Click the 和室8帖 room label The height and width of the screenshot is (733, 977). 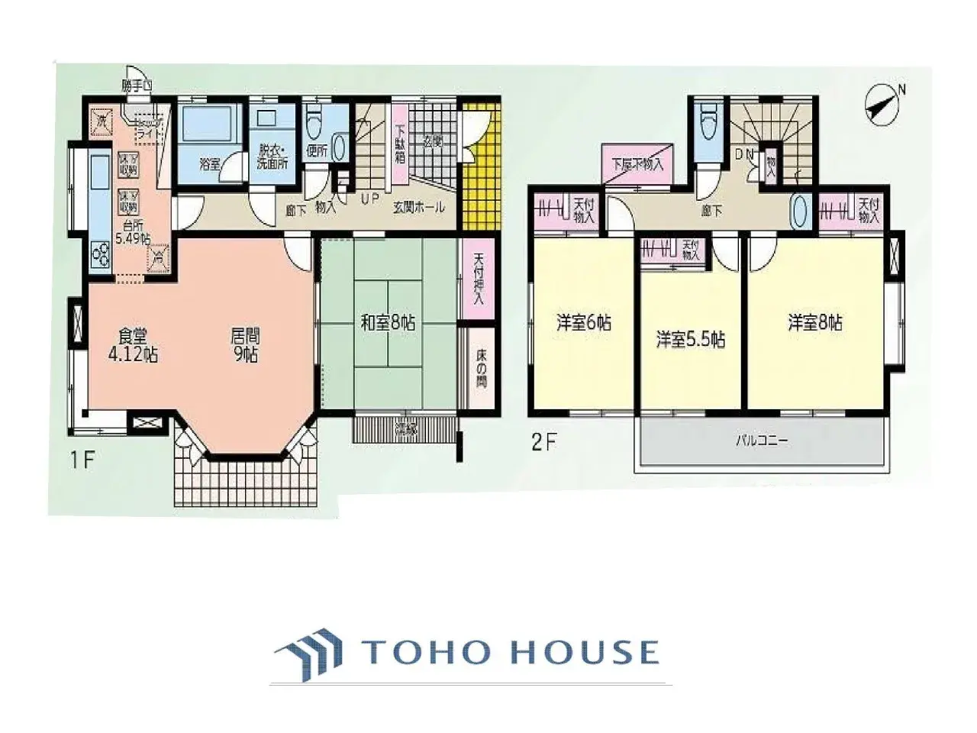pos(388,323)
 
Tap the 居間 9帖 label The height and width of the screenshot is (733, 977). pos(244,345)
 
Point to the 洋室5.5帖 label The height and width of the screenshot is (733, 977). pos(690,339)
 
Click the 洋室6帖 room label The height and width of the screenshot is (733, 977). pos(583,323)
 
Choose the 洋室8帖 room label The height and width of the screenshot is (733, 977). pos(815,323)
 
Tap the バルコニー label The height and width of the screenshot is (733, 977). pos(761,441)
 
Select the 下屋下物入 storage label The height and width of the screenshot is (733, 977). pos(638,163)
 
